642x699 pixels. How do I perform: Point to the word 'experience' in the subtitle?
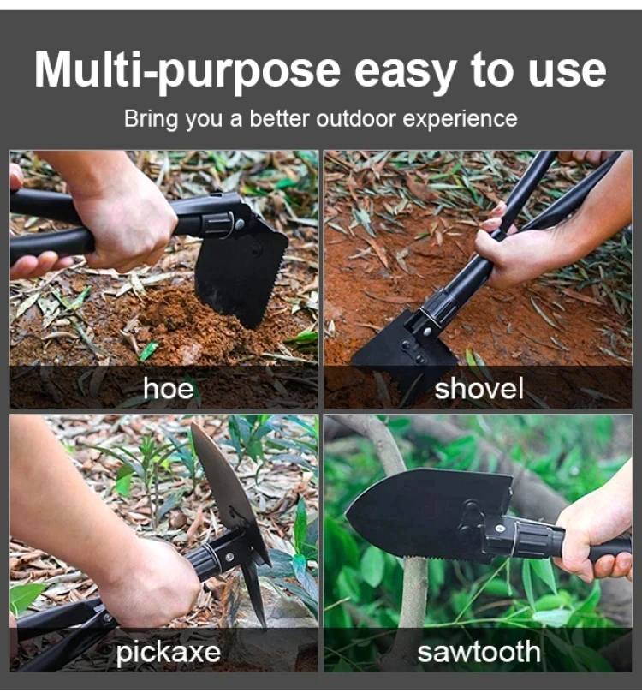(460, 119)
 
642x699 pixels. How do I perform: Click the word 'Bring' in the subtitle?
(151, 119)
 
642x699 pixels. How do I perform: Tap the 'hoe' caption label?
(169, 388)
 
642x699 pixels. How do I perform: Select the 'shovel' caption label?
(479, 388)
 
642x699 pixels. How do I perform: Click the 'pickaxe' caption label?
(168, 653)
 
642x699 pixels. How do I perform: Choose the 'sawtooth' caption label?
(479, 652)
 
